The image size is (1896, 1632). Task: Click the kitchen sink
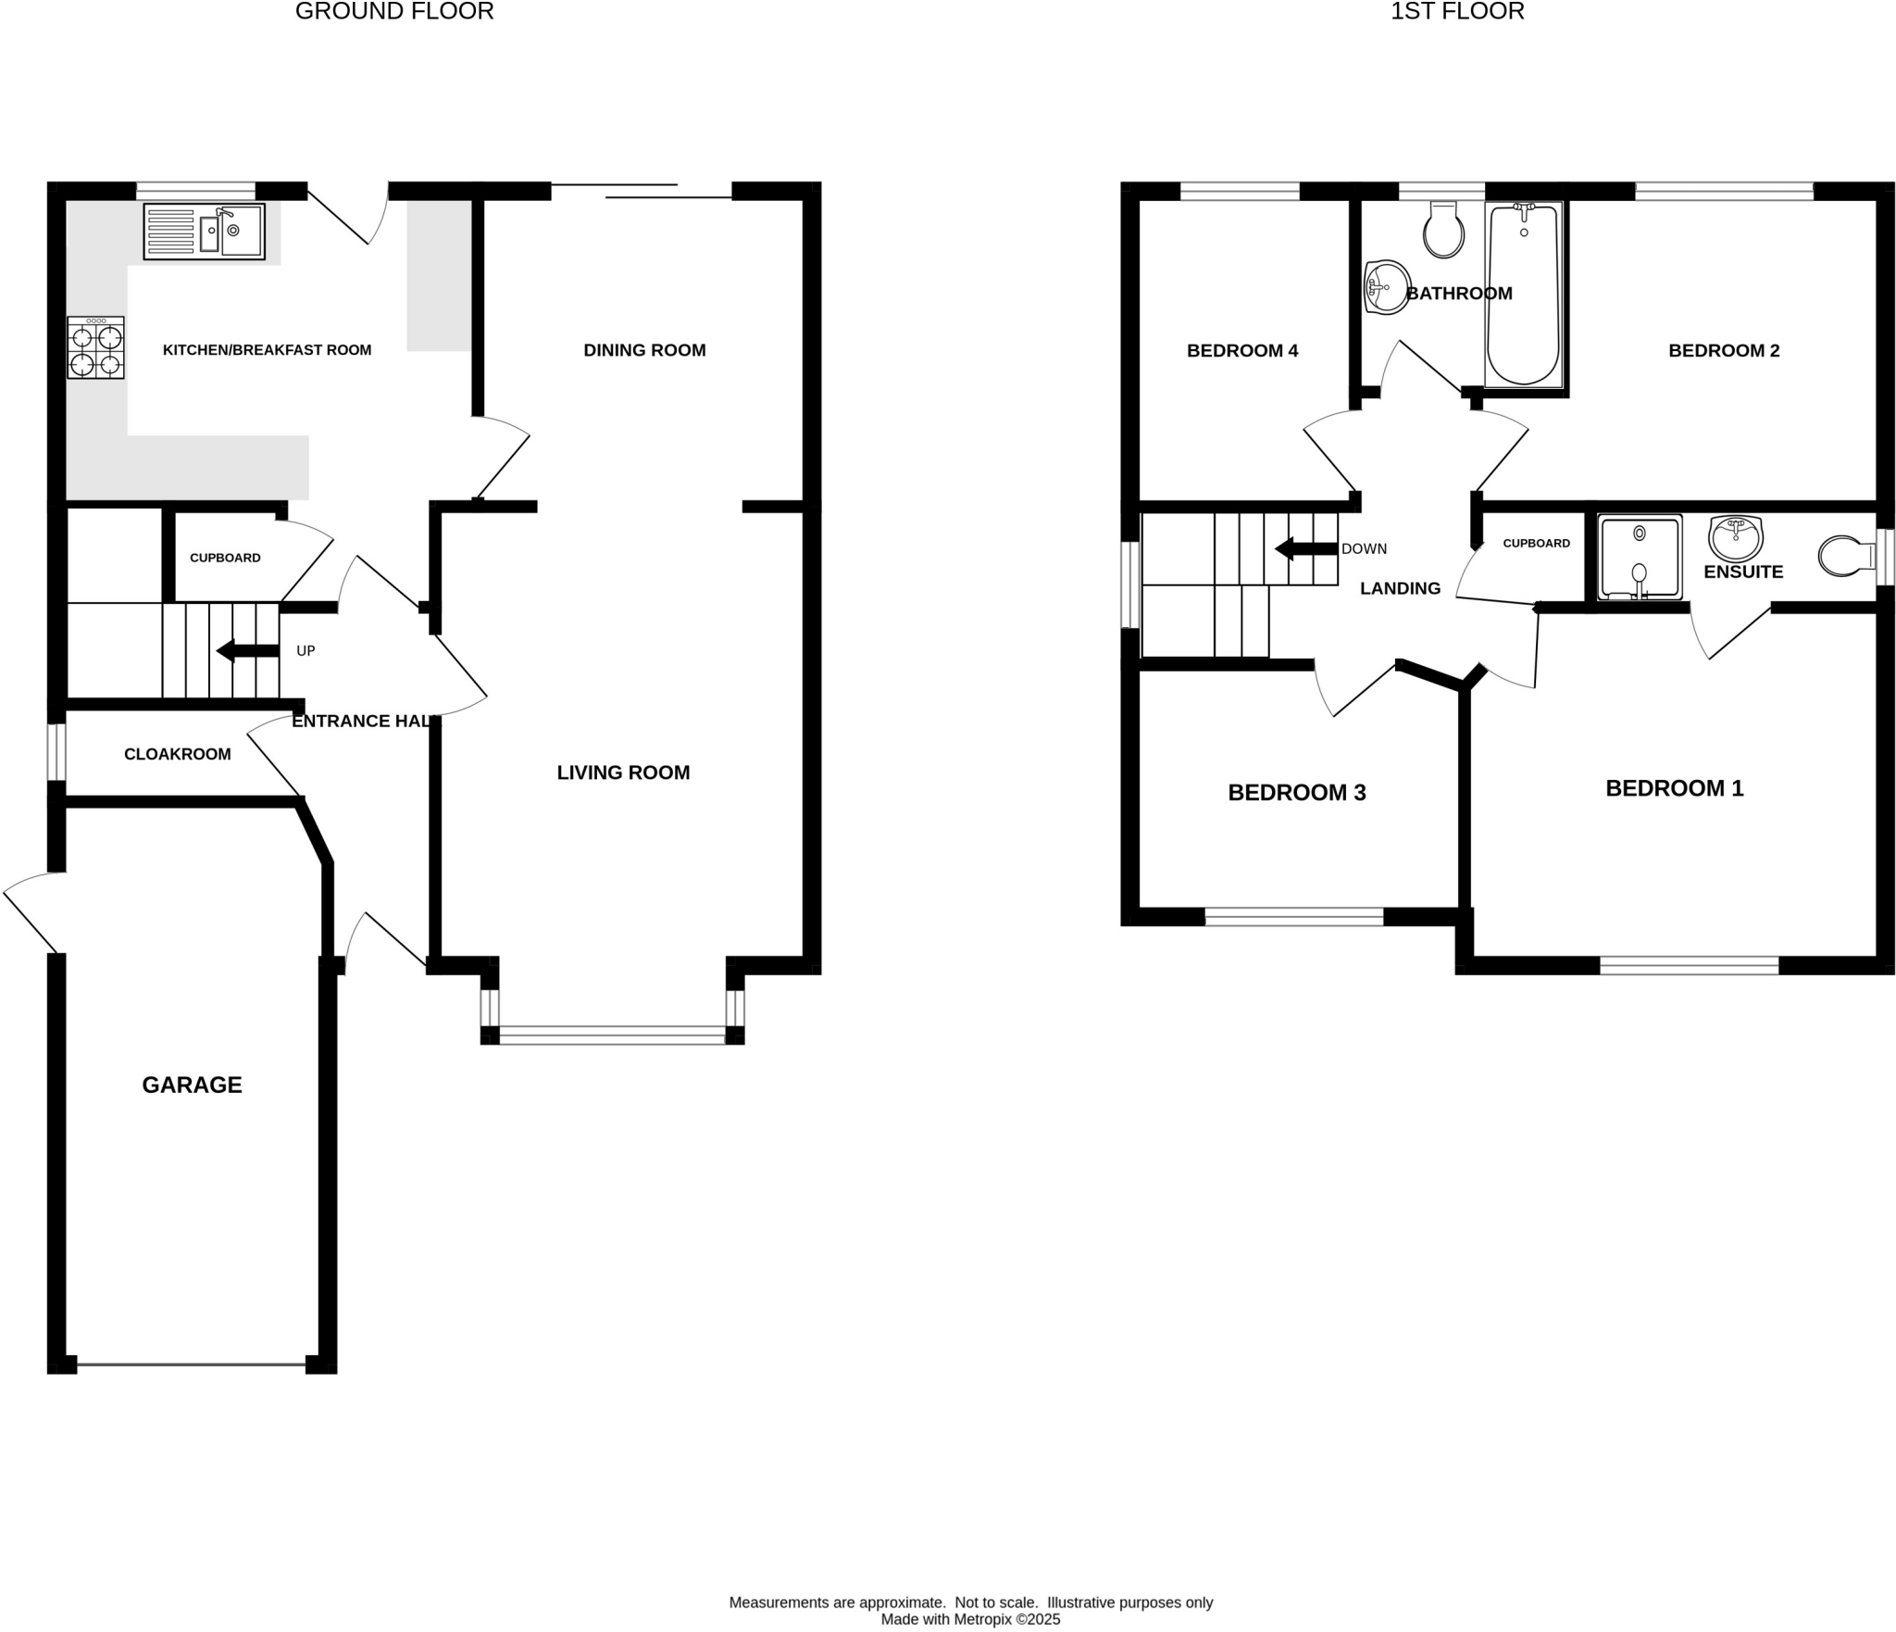coord(205,231)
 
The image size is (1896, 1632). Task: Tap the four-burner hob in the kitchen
coord(95,347)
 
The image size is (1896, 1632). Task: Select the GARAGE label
coord(192,1085)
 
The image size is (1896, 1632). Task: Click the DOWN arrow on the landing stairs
coord(1306,548)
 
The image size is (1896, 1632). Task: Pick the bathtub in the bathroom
coord(1523,295)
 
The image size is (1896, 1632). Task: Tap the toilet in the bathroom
coord(1443,232)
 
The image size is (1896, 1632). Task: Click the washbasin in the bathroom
coord(1386,286)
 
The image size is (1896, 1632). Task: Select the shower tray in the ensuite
coord(1640,557)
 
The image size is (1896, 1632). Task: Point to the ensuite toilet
coord(1842,556)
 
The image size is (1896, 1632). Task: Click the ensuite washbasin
coord(1735,538)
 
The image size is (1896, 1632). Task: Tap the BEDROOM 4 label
coord(1242,350)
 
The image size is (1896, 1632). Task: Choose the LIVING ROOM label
coord(623,772)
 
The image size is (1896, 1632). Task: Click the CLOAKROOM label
coord(178,754)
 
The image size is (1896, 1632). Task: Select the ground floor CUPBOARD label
coord(225,558)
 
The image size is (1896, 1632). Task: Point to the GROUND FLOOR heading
coord(394,11)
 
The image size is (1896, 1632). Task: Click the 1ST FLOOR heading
coord(1457,11)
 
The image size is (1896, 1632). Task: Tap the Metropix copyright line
coord(970,1619)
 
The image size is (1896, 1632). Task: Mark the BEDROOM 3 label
coord(1296,792)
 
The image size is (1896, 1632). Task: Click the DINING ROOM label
coord(644,350)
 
